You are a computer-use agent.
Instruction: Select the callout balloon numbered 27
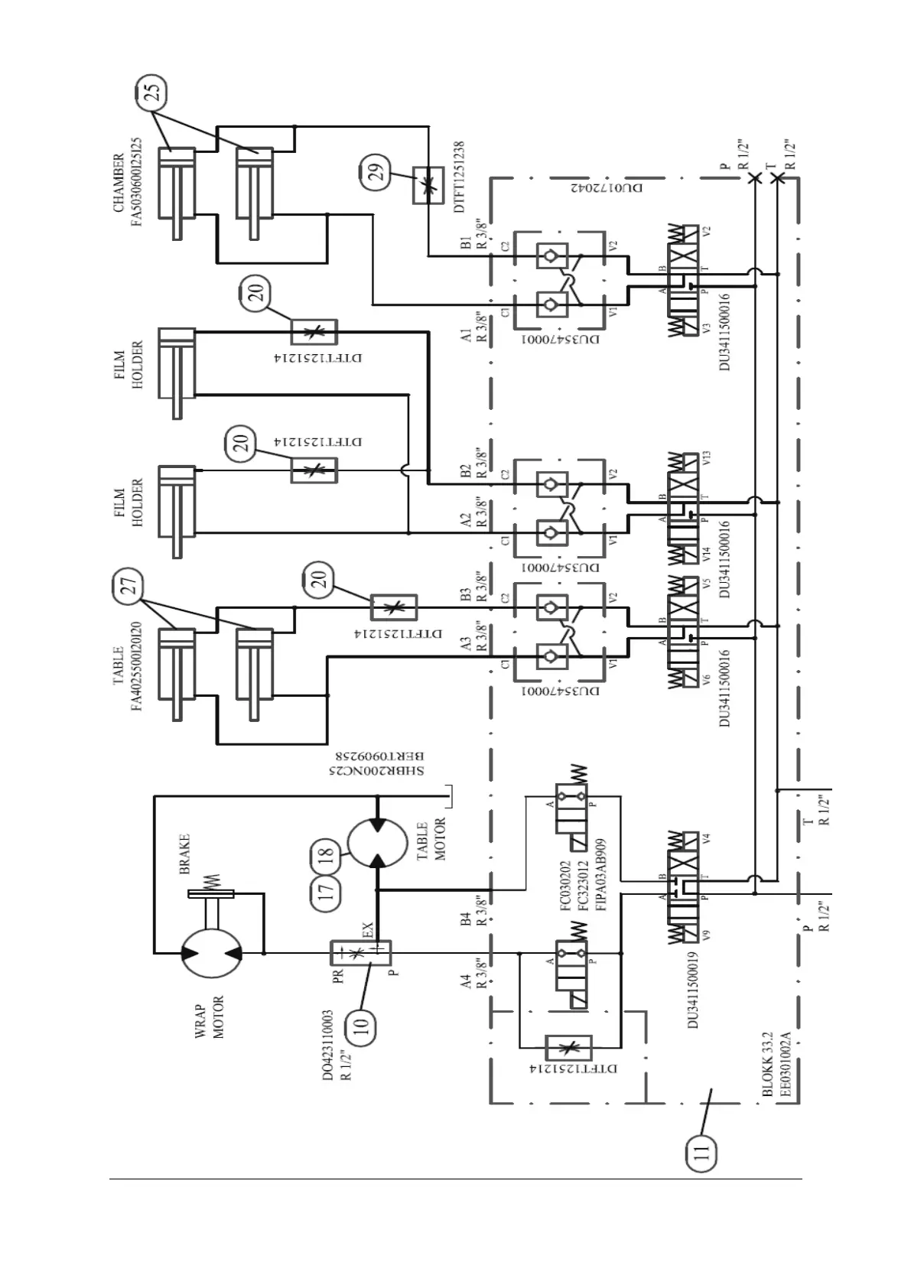(130, 586)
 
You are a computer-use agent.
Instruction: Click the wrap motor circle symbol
(211, 953)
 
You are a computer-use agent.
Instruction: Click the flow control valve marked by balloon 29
(428, 185)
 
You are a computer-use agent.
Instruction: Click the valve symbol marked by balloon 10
(361, 953)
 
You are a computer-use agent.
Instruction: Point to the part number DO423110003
(327, 1046)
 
